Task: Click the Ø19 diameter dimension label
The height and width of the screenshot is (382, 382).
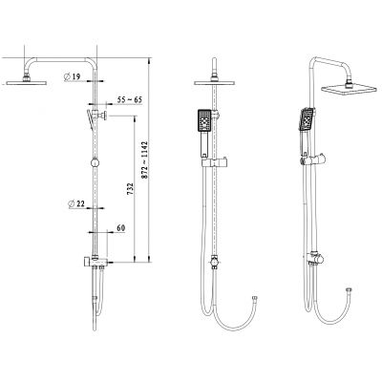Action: (72, 76)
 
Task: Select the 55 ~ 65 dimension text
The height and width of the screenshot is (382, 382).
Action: (129, 99)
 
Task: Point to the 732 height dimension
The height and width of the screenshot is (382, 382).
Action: (130, 189)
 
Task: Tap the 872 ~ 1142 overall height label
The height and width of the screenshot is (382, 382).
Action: (145, 160)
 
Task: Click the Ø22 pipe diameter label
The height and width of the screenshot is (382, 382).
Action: (76, 203)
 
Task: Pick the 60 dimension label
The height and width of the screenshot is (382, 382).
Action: (121, 228)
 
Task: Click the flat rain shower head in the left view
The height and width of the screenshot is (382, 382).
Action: (27, 83)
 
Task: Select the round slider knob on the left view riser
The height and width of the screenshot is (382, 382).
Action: (95, 162)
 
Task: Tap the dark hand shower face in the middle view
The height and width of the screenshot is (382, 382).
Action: (204, 120)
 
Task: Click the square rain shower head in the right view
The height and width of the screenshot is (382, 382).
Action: (349, 89)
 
